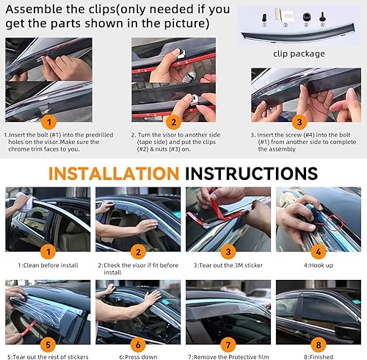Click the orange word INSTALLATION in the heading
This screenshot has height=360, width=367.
[x=114, y=173]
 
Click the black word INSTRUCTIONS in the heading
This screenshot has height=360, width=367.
[x=252, y=173]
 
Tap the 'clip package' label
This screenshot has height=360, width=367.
[x=299, y=54]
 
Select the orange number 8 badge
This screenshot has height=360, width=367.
[x=319, y=345]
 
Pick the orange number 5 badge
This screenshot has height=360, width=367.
[x=48, y=345]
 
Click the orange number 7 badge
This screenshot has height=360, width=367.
[x=228, y=345]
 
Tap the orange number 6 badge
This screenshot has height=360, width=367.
[x=138, y=345]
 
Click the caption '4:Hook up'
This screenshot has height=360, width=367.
[x=319, y=265]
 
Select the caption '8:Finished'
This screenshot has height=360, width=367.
[x=319, y=357]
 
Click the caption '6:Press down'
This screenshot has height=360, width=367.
[x=138, y=357]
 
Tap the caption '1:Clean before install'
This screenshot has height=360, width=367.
[x=48, y=265]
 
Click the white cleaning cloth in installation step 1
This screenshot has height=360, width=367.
[x=24, y=203]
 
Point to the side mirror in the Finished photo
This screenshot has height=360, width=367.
[x=346, y=331]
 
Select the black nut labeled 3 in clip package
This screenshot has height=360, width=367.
[x=306, y=17]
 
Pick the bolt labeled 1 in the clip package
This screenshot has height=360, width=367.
[x=264, y=18]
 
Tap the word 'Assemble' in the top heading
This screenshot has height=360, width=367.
[x=34, y=10]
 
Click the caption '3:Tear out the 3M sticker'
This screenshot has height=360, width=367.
[x=228, y=265]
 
